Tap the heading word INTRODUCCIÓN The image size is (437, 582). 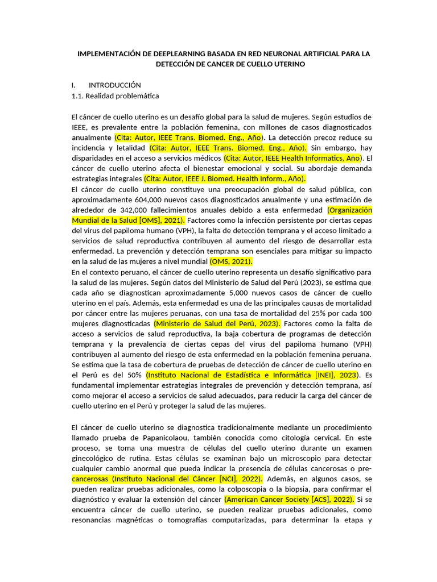(114, 85)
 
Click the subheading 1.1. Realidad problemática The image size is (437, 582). (116, 96)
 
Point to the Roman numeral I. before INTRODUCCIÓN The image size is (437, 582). (74, 85)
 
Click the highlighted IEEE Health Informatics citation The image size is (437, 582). (292, 158)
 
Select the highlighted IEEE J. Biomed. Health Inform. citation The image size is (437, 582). (225, 178)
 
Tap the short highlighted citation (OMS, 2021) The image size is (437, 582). (230, 261)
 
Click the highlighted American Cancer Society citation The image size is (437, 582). (289, 499)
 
